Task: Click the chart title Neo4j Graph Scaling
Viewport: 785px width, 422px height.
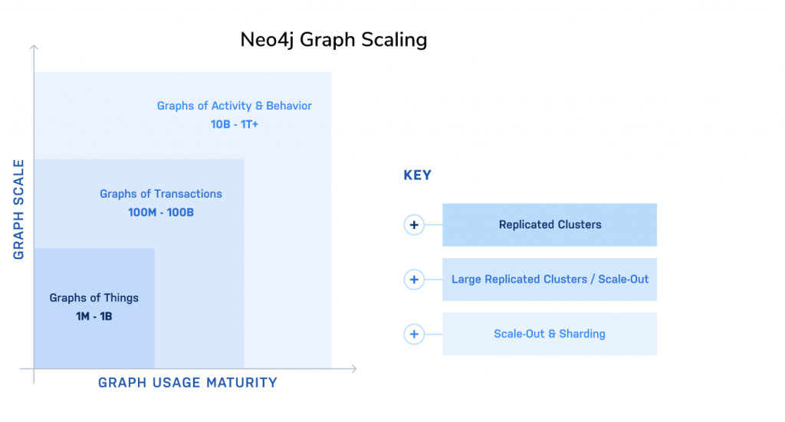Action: tap(333, 40)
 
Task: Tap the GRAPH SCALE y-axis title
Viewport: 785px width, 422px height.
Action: tap(18, 210)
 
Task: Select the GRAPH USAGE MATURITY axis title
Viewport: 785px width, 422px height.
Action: tap(188, 382)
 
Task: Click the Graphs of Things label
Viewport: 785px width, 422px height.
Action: tap(94, 298)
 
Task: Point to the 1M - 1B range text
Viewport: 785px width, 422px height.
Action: tap(94, 316)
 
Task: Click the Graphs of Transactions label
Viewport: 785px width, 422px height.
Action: tap(161, 194)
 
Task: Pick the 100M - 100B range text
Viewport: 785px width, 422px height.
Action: tap(161, 212)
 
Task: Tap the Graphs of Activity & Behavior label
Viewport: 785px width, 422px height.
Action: tap(235, 106)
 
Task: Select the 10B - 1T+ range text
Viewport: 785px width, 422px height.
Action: tap(235, 125)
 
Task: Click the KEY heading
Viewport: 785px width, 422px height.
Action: tap(418, 175)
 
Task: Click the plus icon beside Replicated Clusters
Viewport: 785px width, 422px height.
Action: tap(414, 225)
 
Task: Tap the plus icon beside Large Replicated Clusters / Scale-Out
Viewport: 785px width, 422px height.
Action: tap(414, 280)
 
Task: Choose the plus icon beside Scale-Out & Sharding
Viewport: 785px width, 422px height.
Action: tap(414, 334)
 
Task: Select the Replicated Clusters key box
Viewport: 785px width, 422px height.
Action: tap(550, 225)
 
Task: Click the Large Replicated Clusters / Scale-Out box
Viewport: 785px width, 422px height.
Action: tap(550, 280)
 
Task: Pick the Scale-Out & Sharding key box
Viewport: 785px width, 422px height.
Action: tap(550, 334)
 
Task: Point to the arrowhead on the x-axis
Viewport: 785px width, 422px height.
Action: tap(354, 368)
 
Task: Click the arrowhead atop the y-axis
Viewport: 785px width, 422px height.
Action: tap(34, 47)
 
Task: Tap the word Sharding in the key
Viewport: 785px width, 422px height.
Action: tap(583, 334)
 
